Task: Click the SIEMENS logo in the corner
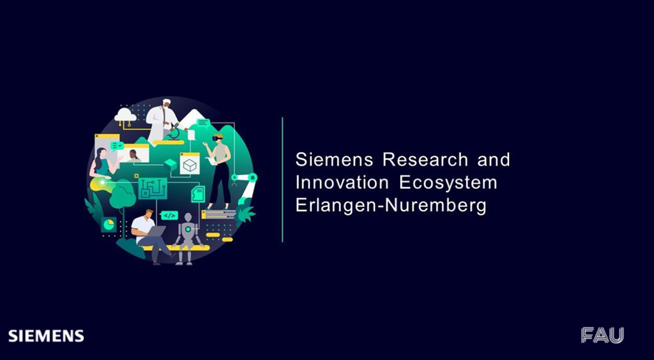click(46, 336)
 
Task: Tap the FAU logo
click(602, 335)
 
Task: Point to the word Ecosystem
click(448, 184)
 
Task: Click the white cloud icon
click(125, 114)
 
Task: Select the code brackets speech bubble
click(169, 215)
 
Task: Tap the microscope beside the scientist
click(174, 132)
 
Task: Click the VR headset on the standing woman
click(218, 137)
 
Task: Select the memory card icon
click(198, 194)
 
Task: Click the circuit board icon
click(153, 189)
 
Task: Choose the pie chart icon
click(109, 225)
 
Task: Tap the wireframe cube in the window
click(189, 165)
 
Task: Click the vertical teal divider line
click(282, 179)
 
